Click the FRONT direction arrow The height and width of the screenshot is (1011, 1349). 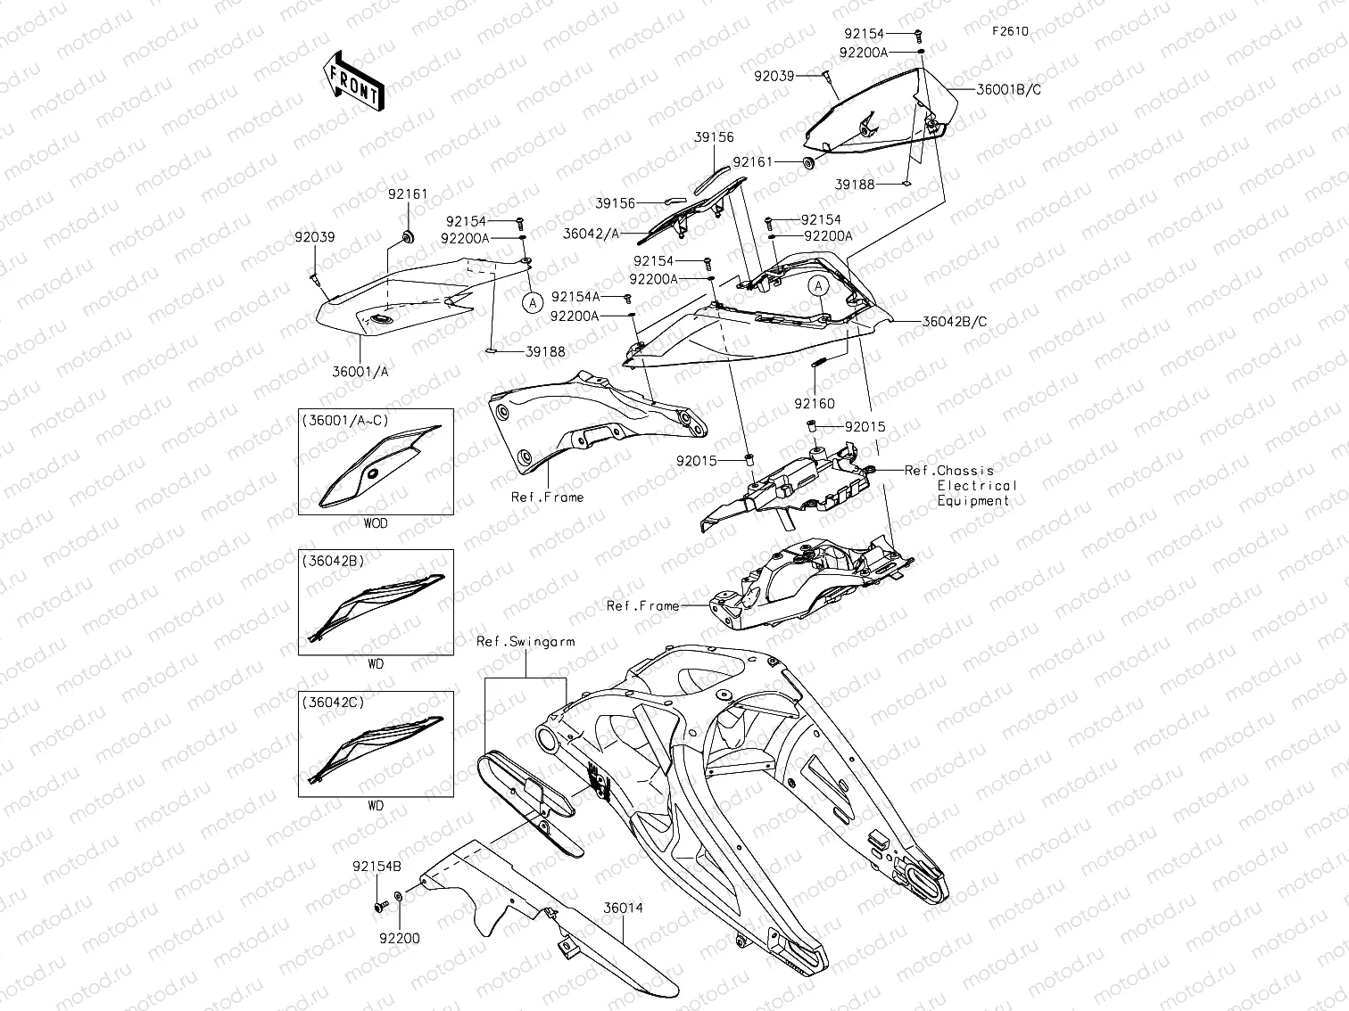352,81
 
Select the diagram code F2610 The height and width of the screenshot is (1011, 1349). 1010,31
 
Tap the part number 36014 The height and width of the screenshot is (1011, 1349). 623,908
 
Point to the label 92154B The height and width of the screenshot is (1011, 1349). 377,866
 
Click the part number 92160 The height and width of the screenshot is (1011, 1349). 815,404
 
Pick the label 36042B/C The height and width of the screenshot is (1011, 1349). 955,322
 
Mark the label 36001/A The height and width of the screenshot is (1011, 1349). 360,372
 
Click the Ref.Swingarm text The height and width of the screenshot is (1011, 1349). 526,641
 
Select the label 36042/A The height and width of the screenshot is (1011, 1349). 592,234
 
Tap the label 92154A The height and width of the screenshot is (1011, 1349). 575,296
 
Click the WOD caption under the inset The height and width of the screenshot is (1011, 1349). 376,523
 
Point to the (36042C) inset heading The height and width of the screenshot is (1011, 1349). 333,703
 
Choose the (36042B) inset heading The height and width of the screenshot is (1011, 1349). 333,561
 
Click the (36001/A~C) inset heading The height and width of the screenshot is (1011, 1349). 345,420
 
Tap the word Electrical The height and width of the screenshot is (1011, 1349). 977,486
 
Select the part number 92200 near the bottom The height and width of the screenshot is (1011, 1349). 398,938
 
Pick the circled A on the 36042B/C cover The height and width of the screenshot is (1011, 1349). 819,286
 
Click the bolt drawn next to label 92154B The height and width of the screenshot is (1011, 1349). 381,906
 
